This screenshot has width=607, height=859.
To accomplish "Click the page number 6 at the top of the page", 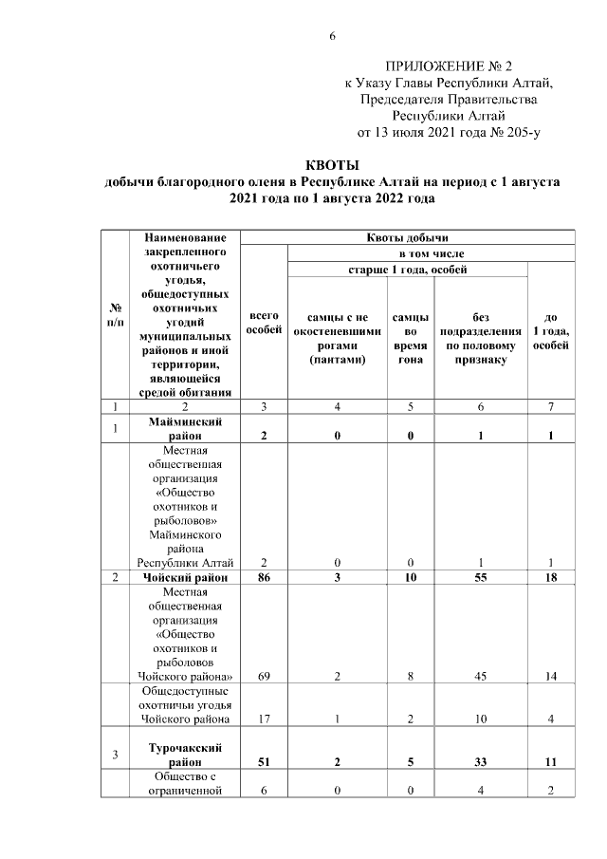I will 332,37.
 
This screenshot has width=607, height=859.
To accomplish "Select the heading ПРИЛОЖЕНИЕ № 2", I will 448,66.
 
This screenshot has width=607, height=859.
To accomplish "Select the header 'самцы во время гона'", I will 410,338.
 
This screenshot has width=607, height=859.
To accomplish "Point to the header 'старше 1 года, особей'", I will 408,270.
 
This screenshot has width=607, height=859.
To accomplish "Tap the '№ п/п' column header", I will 115,315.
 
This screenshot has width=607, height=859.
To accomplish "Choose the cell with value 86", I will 263,577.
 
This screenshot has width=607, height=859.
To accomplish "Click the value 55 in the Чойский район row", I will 482,577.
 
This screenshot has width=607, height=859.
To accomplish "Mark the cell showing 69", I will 263,675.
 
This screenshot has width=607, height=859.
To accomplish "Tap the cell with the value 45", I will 482,675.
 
